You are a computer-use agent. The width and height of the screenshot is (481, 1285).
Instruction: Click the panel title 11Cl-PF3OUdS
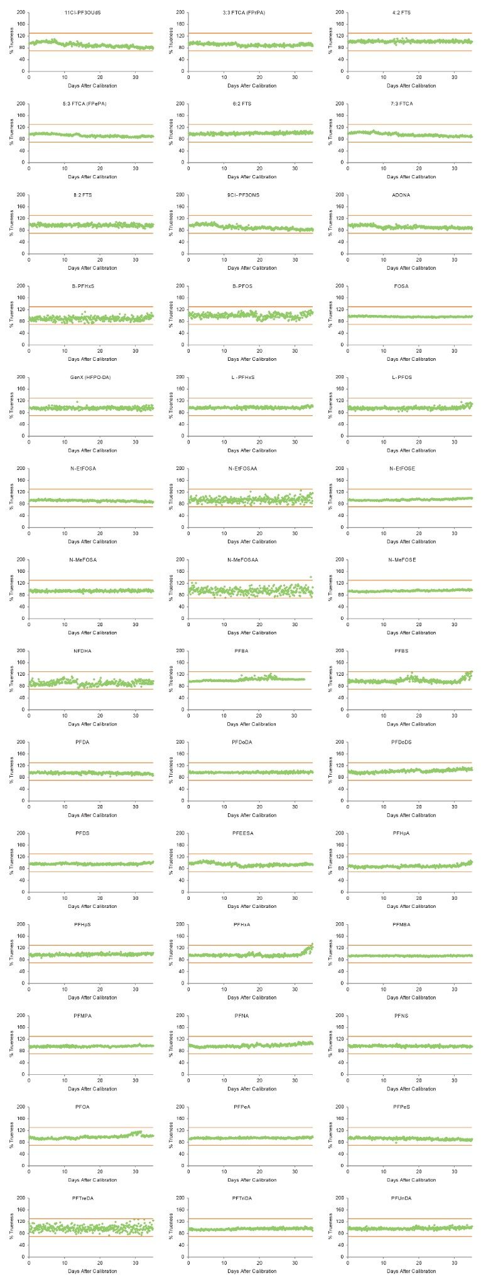[82, 13]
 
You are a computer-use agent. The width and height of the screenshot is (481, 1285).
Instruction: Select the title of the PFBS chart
[401, 651]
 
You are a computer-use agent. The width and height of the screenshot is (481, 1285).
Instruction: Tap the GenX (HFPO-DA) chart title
[82, 377]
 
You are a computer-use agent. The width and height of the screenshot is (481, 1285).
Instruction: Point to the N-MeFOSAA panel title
[242, 560]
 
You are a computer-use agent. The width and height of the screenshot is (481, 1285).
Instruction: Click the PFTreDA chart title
[82, 1198]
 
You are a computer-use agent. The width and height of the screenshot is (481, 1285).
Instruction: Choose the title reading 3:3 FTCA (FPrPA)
[243, 13]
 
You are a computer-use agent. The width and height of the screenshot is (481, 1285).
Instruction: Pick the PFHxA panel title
[242, 924]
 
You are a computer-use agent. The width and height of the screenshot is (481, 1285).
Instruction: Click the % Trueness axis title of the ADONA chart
[330, 225]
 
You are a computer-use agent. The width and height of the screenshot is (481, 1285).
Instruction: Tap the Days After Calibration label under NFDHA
[92, 724]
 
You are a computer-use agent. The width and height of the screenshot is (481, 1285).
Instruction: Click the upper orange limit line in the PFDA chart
[91, 763]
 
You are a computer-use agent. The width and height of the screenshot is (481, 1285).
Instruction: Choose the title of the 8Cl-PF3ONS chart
[242, 195]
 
